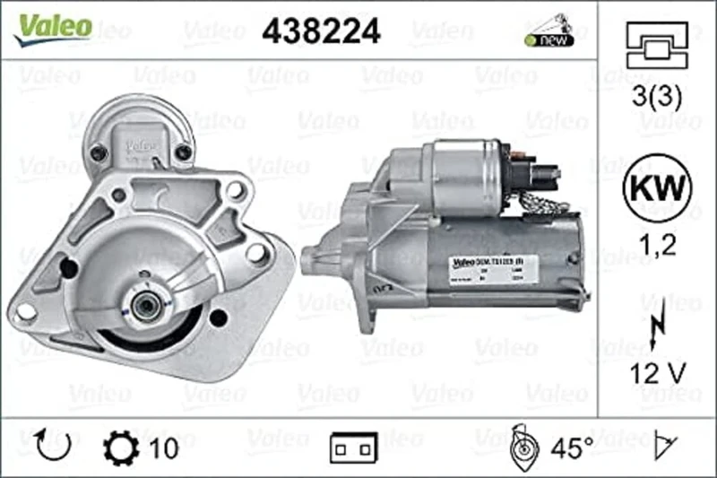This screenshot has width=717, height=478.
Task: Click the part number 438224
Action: coord(321,31)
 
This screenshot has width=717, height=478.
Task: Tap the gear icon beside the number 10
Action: coord(118,446)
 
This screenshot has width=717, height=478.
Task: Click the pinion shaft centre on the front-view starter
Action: coord(143,305)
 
